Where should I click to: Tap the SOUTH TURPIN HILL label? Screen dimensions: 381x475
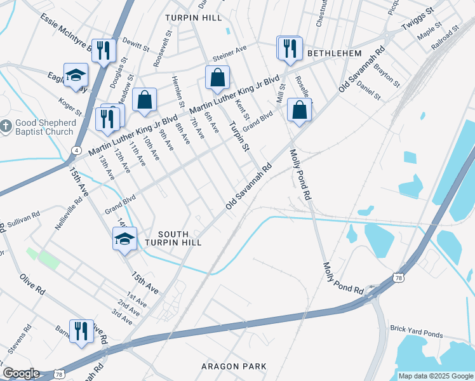(x=171, y=238)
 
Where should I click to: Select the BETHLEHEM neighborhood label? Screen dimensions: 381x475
(x=334, y=54)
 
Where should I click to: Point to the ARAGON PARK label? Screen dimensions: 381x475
(x=233, y=366)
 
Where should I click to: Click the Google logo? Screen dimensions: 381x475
(x=21, y=373)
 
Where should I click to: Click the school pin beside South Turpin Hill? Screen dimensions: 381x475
(x=124, y=239)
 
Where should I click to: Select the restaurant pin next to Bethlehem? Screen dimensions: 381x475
(x=290, y=49)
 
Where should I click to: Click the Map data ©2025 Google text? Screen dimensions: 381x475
(x=436, y=376)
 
